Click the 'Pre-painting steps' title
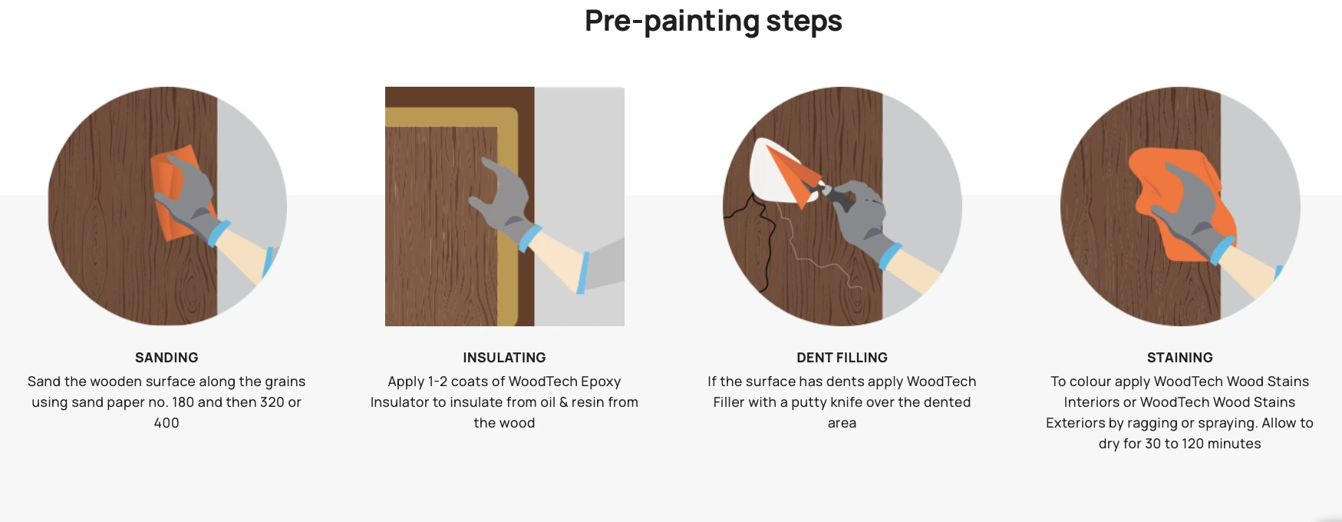pyautogui.click(x=713, y=21)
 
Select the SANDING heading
pyautogui.click(x=167, y=358)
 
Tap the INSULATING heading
pyautogui.click(x=504, y=358)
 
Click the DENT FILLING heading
pyautogui.click(x=842, y=358)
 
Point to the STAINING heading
pyautogui.click(x=1179, y=358)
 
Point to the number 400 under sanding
pyautogui.click(x=167, y=423)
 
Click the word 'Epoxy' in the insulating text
pyautogui.click(x=601, y=382)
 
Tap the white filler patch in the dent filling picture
pyautogui.click(x=771, y=173)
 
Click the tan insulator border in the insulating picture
pyautogui.click(x=506, y=215)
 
